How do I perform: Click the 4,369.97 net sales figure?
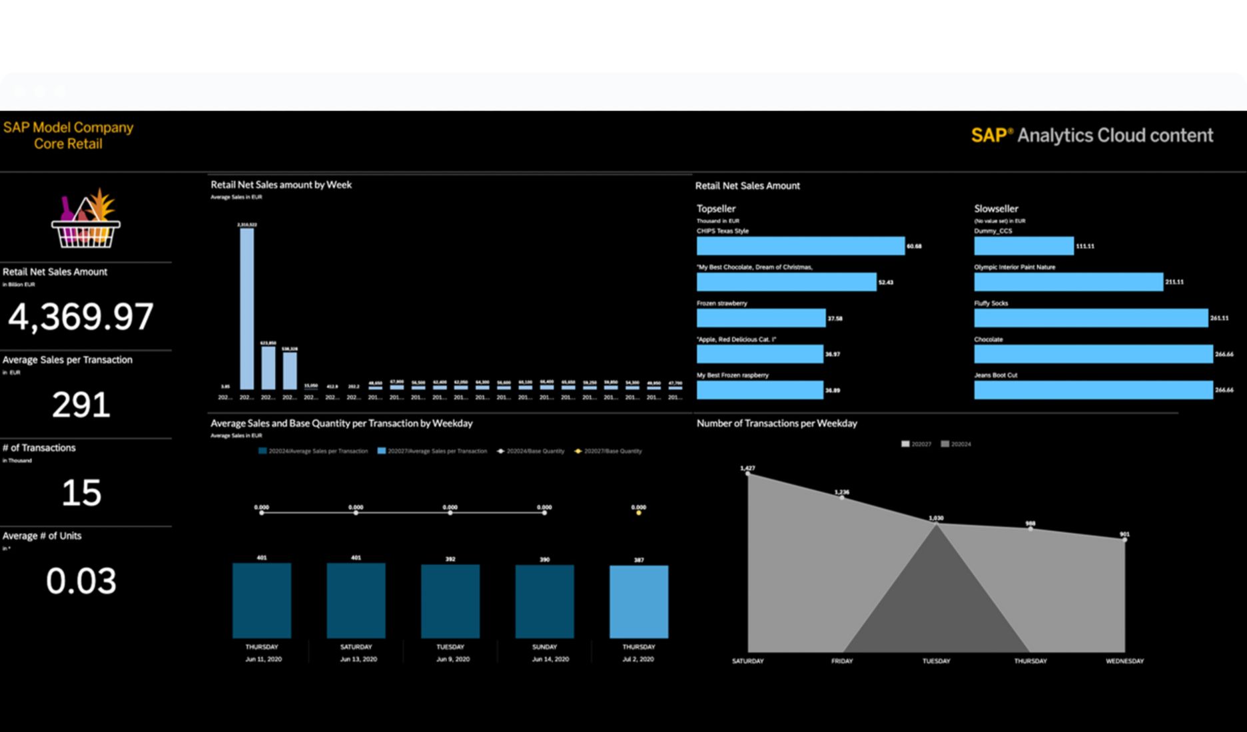tap(81, 317)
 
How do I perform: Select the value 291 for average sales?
tap(81, 405)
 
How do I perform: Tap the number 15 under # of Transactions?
tap(81, 493)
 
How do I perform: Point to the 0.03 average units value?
tap(81, 581)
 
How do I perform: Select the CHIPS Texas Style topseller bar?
tap(800, 246)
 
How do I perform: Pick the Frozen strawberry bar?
tap(761, 318)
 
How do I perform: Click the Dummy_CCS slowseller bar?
tap(1023, 246)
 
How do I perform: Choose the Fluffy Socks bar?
tap(1090, 318)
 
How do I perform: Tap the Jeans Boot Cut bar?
tap(1092, 390)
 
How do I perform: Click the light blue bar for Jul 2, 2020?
tap(638, 602)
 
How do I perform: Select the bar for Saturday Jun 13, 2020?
tap(356, 600)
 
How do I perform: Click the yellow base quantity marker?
tap(638, 513)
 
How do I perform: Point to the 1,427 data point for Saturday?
tap(747, 473)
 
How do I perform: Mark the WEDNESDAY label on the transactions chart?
tap(1124, 661)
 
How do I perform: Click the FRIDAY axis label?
tap(842, 661)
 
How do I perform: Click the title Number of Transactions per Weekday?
tap(777, 423)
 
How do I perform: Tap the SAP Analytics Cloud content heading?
tap(1092, 136)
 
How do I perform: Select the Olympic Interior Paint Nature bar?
tap(1068, 282)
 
